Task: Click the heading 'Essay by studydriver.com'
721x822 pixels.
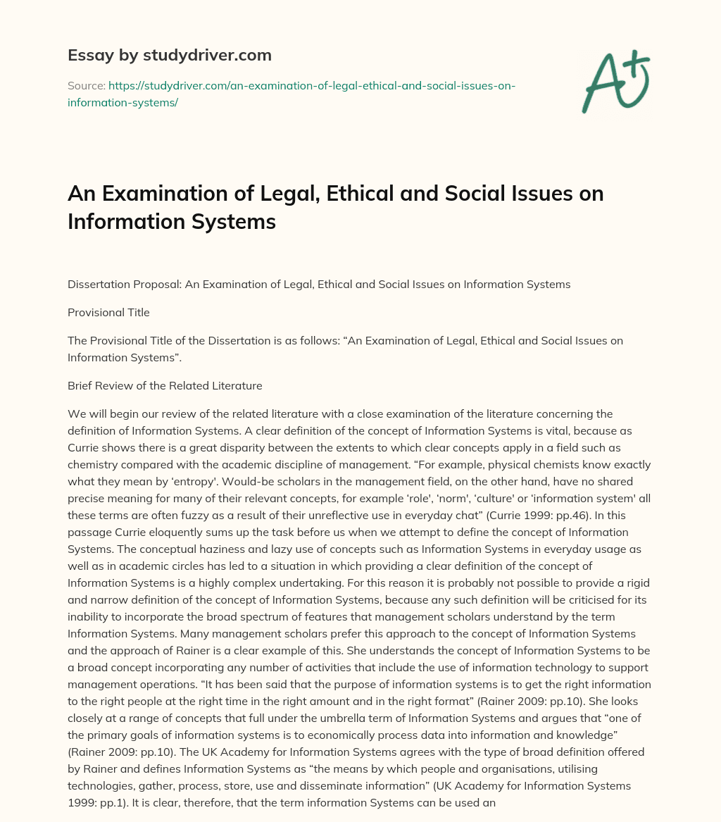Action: pos(169,55)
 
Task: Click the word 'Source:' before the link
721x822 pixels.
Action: pos(86,85)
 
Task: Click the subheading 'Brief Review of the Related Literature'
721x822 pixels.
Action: pos(165,385)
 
